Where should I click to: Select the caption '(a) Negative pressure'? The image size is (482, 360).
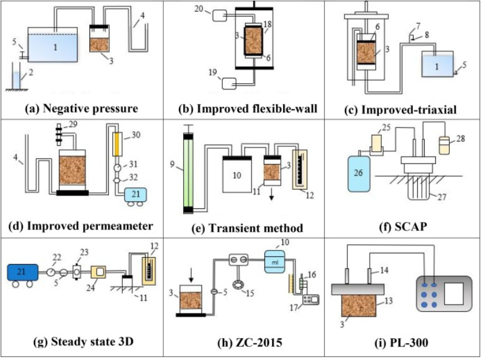[x=81, y=108]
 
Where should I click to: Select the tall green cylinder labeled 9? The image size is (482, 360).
[x=188, y=173]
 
